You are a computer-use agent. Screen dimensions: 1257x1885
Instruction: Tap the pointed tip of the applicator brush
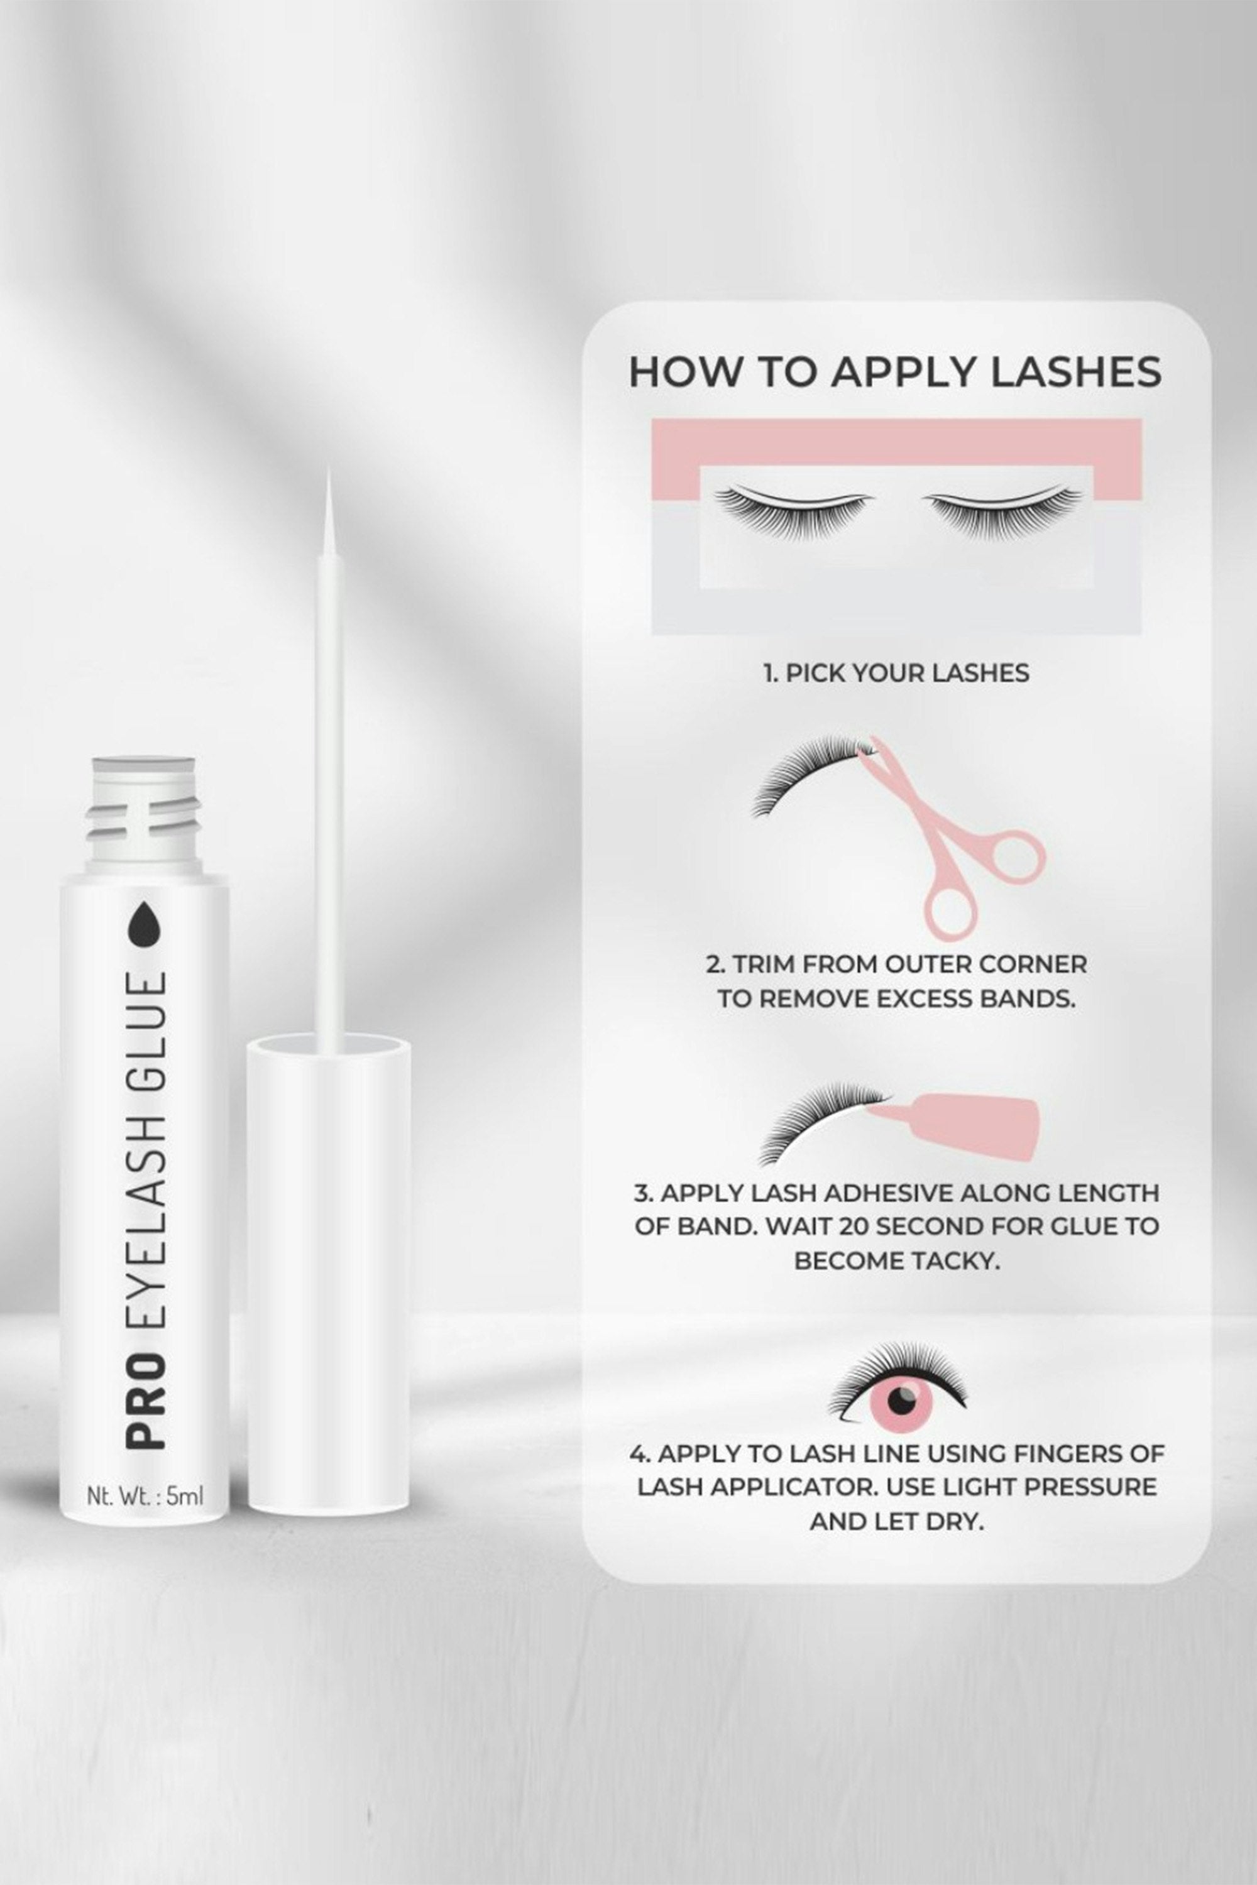[328, 473]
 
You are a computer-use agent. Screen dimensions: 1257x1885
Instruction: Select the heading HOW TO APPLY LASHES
[894, 372]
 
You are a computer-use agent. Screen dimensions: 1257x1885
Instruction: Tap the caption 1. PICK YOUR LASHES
[896, 672]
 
